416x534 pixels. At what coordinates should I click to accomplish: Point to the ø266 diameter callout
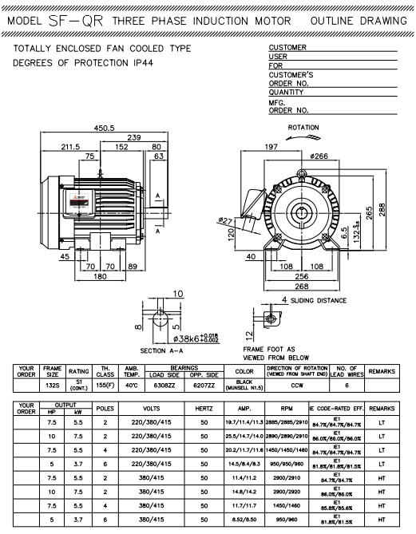coord(307,156)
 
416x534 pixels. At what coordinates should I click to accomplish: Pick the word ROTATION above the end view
coord(303,128)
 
